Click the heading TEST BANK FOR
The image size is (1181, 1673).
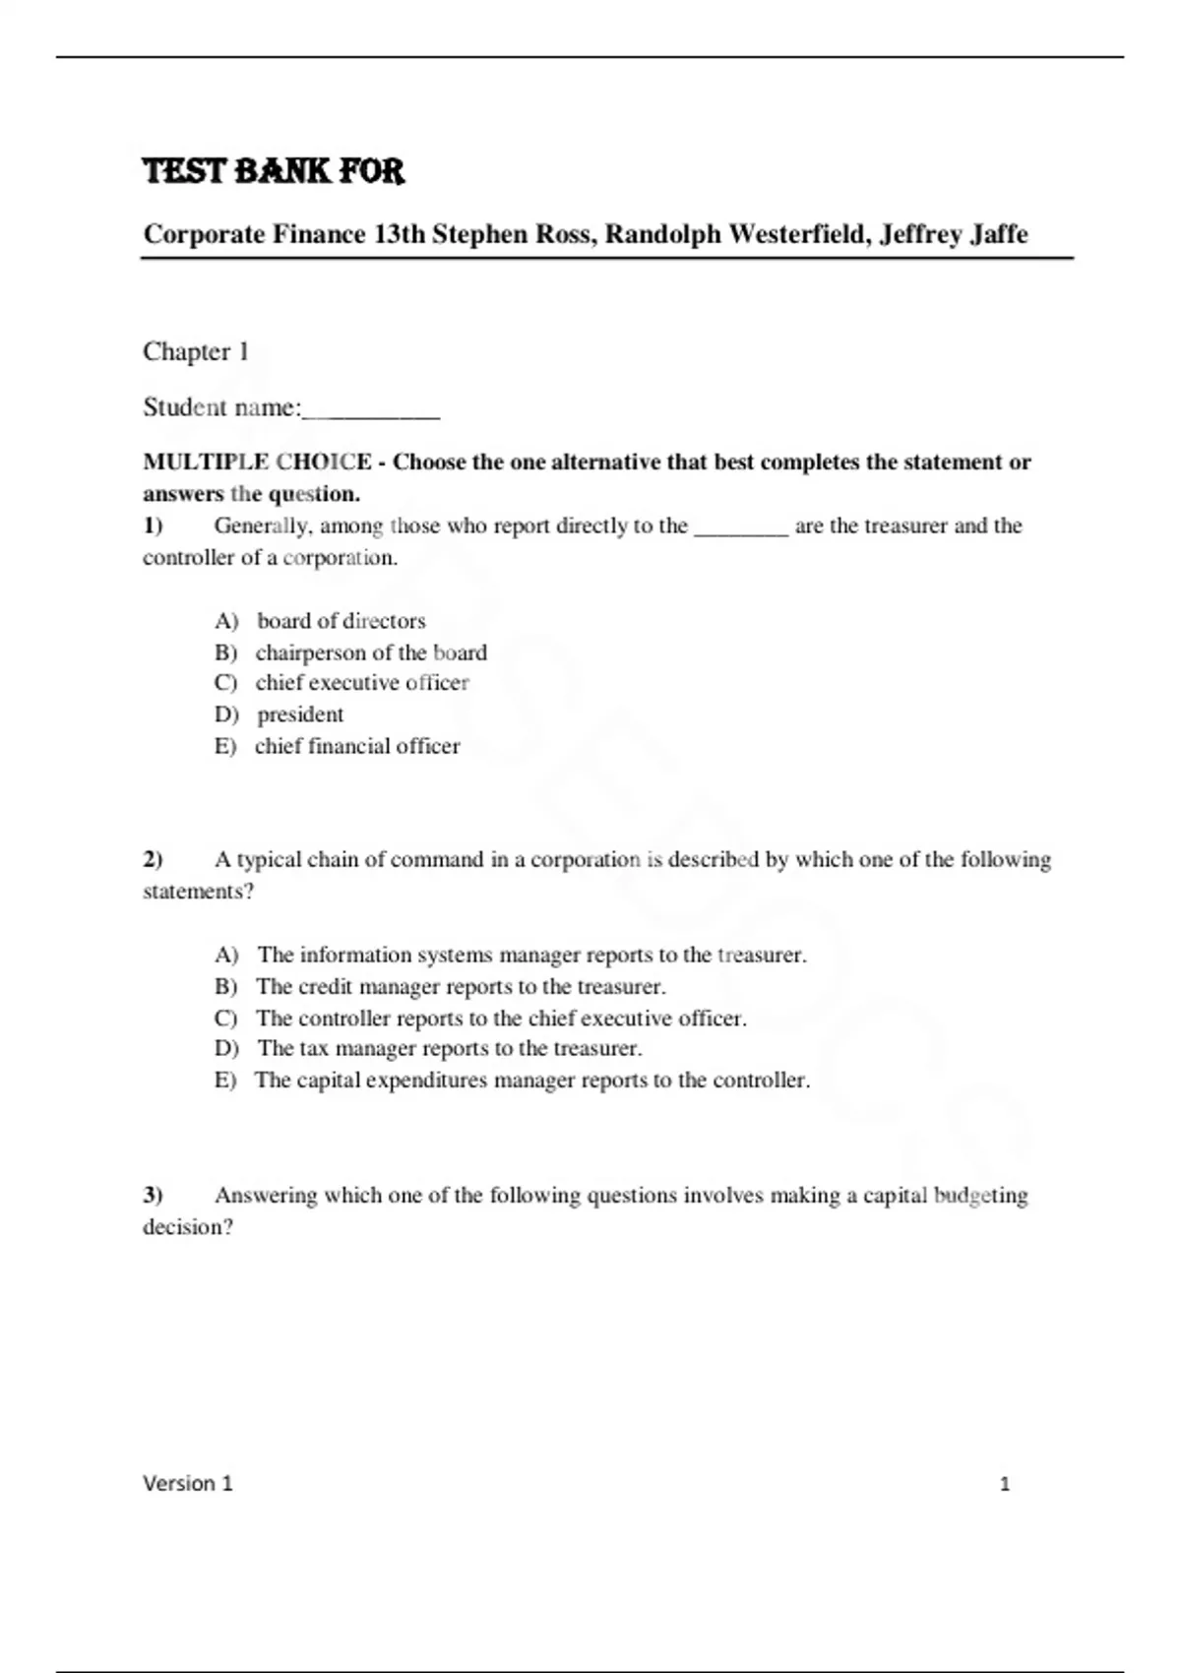[x=274, y=171]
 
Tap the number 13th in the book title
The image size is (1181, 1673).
[x=399, y=234]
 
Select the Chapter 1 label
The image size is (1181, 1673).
[x=196, y=351]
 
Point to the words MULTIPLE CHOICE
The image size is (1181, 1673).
[x=257, y=462]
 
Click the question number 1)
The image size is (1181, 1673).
[x=153, y=526]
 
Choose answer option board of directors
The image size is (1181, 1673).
[x=341, y=621]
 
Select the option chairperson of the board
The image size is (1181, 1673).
[x=370, y=652]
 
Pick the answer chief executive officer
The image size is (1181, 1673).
[x=361, y=683]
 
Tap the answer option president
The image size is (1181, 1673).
[x=300, y=714]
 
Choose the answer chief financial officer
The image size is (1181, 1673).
[x=356, y=746]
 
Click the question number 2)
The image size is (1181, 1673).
[x=153, y=859]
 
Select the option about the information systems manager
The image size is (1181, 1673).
[x=531, y=955]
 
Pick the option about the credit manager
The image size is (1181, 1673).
[x=461, y=986]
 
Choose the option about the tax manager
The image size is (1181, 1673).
[x=449, y=1048]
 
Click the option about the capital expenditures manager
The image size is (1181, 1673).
[x=531, y=1080]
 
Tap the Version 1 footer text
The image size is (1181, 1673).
[x=188, y=1483]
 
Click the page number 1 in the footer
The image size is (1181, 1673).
[x=1005, y=1484]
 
